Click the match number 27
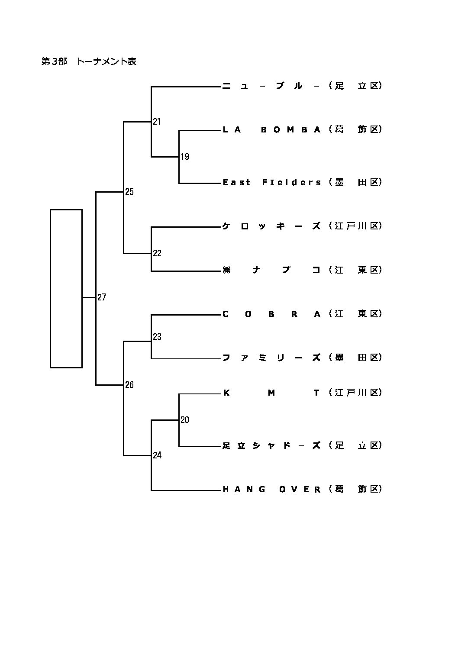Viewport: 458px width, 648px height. click(x=102, y=297)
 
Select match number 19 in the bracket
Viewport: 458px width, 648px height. click(x=185, y=157)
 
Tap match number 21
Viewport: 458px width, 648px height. click(x=157, y=122)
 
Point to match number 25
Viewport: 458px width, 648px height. click(x=129, y=192)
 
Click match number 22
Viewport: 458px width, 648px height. click(x=157, y=253)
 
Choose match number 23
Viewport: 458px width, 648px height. click(x=157, y=337)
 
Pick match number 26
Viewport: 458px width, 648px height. click(x=129, y=385)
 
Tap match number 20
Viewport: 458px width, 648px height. click(x=185, y=420)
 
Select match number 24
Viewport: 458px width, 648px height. click(x=157, y=455)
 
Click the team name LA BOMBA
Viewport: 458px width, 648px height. click(x=271, y=129)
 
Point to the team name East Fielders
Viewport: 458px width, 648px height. click(x=271, y=182)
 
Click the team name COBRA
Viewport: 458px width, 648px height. click(x=271, y=314)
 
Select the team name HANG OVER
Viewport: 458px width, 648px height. click(x=271, y=490)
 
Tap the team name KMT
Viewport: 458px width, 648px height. click(x=271, y=393)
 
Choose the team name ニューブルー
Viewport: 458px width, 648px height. click(x=271, y=86)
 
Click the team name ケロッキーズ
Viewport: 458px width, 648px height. click(x=271, y=226)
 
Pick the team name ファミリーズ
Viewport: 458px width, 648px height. click(x=271, y=358)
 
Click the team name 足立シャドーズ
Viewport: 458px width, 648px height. click(x=271, y=445)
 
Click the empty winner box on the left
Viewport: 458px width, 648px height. click(x=66, y=288)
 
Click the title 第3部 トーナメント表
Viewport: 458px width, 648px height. click(x=89, y=61)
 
